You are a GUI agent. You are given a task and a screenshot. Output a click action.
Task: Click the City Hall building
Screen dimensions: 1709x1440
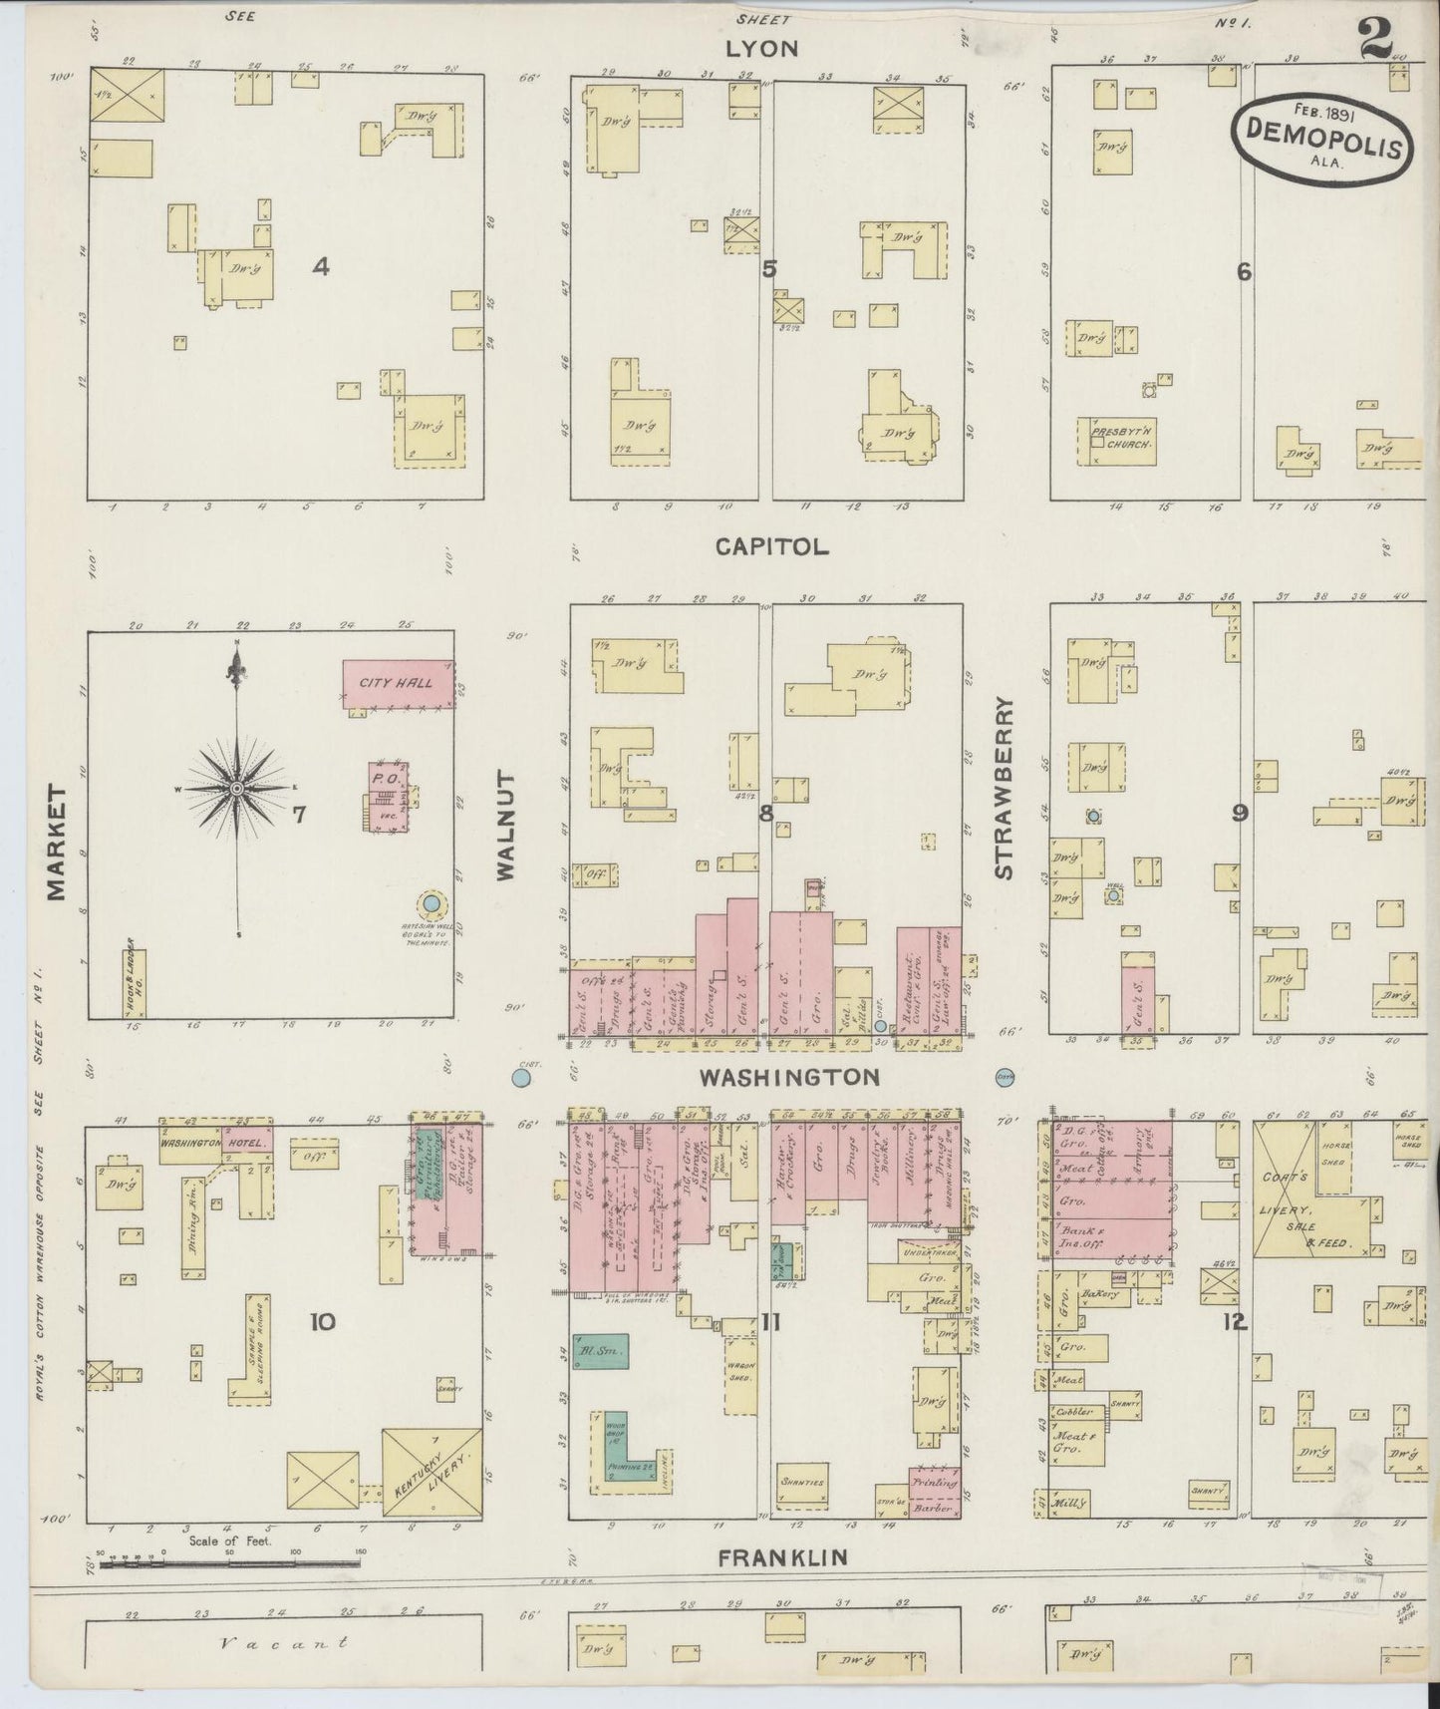click(x=399, y=684)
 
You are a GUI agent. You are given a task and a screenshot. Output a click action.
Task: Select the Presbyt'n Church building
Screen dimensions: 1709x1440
click(x=1118, y=441)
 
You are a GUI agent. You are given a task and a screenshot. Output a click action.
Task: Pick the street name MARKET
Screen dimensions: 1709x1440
click(x=56, y=843)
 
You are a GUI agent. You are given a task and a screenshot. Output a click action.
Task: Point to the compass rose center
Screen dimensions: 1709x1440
click(x=237, y=789)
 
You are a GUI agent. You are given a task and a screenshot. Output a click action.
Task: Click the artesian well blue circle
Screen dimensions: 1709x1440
click(x=432, y=904)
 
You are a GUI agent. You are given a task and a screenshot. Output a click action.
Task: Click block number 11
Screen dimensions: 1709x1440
click(x=770, y=1323)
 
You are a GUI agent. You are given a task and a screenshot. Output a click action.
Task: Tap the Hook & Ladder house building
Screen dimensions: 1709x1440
click(x=135, y=983)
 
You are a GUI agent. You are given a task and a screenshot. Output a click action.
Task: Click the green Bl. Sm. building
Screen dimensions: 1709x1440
click(x=599, y=1352)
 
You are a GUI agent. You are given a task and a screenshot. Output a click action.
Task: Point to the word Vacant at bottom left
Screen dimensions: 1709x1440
click(x=284, y=1641)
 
